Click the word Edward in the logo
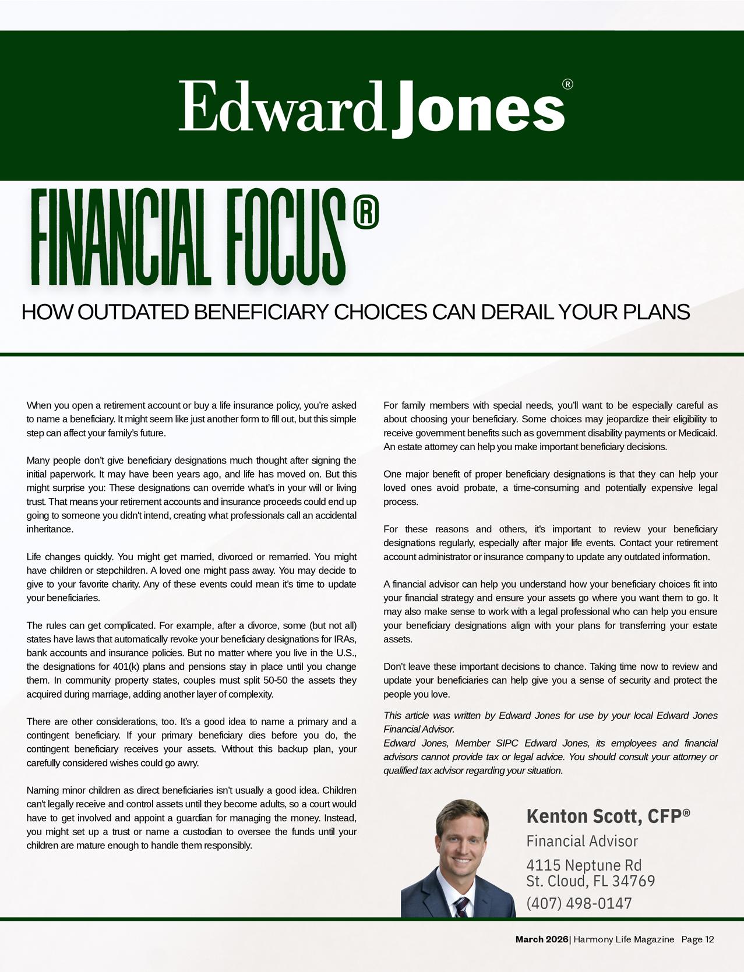click(280, 107)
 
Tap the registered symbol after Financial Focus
click(366, 214)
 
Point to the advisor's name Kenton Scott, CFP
click(608, 816)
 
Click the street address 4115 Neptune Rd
click(584, 865)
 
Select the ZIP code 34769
click(633, 881)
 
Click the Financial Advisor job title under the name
click(582, 841)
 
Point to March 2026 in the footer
click(541, 939)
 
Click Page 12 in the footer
click(697, 939)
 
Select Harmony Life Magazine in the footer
click(623, 939)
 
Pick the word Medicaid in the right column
click(697, 433)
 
